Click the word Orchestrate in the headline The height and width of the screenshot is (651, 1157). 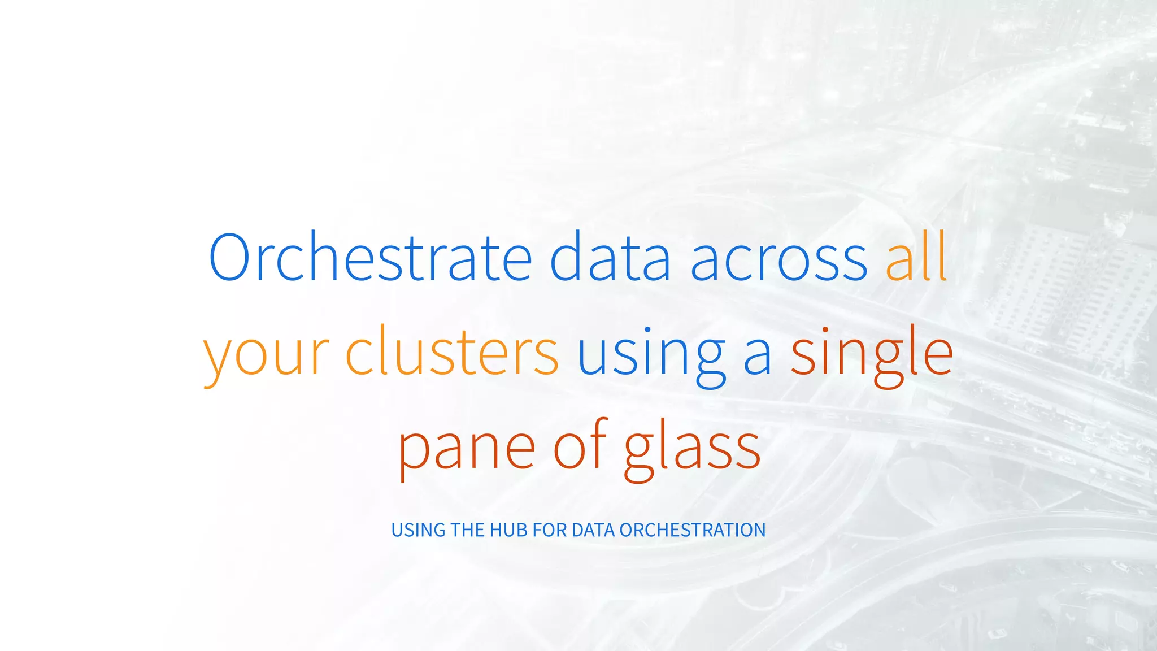pyautogui.click(x=370, y=257)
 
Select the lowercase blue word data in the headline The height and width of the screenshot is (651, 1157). pyautogui.click(x=610, y=257)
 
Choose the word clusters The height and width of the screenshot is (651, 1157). pyautogui.click(x=452, y=353)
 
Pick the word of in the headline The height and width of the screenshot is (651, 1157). pyautogui.click(x=579, y=446)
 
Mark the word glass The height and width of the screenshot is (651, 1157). pyautogui.click(x=693, y=449)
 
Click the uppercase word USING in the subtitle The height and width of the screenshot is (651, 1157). pyautogui.click(x=419, y=530)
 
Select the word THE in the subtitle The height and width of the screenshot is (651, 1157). pyautogui.click(x=468, y=530)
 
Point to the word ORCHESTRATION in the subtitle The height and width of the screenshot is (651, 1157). pyautogui.click(x=693, y=530)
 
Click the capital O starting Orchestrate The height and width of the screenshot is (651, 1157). pyautogui.click(x=229, y=257)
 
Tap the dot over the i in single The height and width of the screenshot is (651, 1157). pyautogui.click(x=825, y=329)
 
